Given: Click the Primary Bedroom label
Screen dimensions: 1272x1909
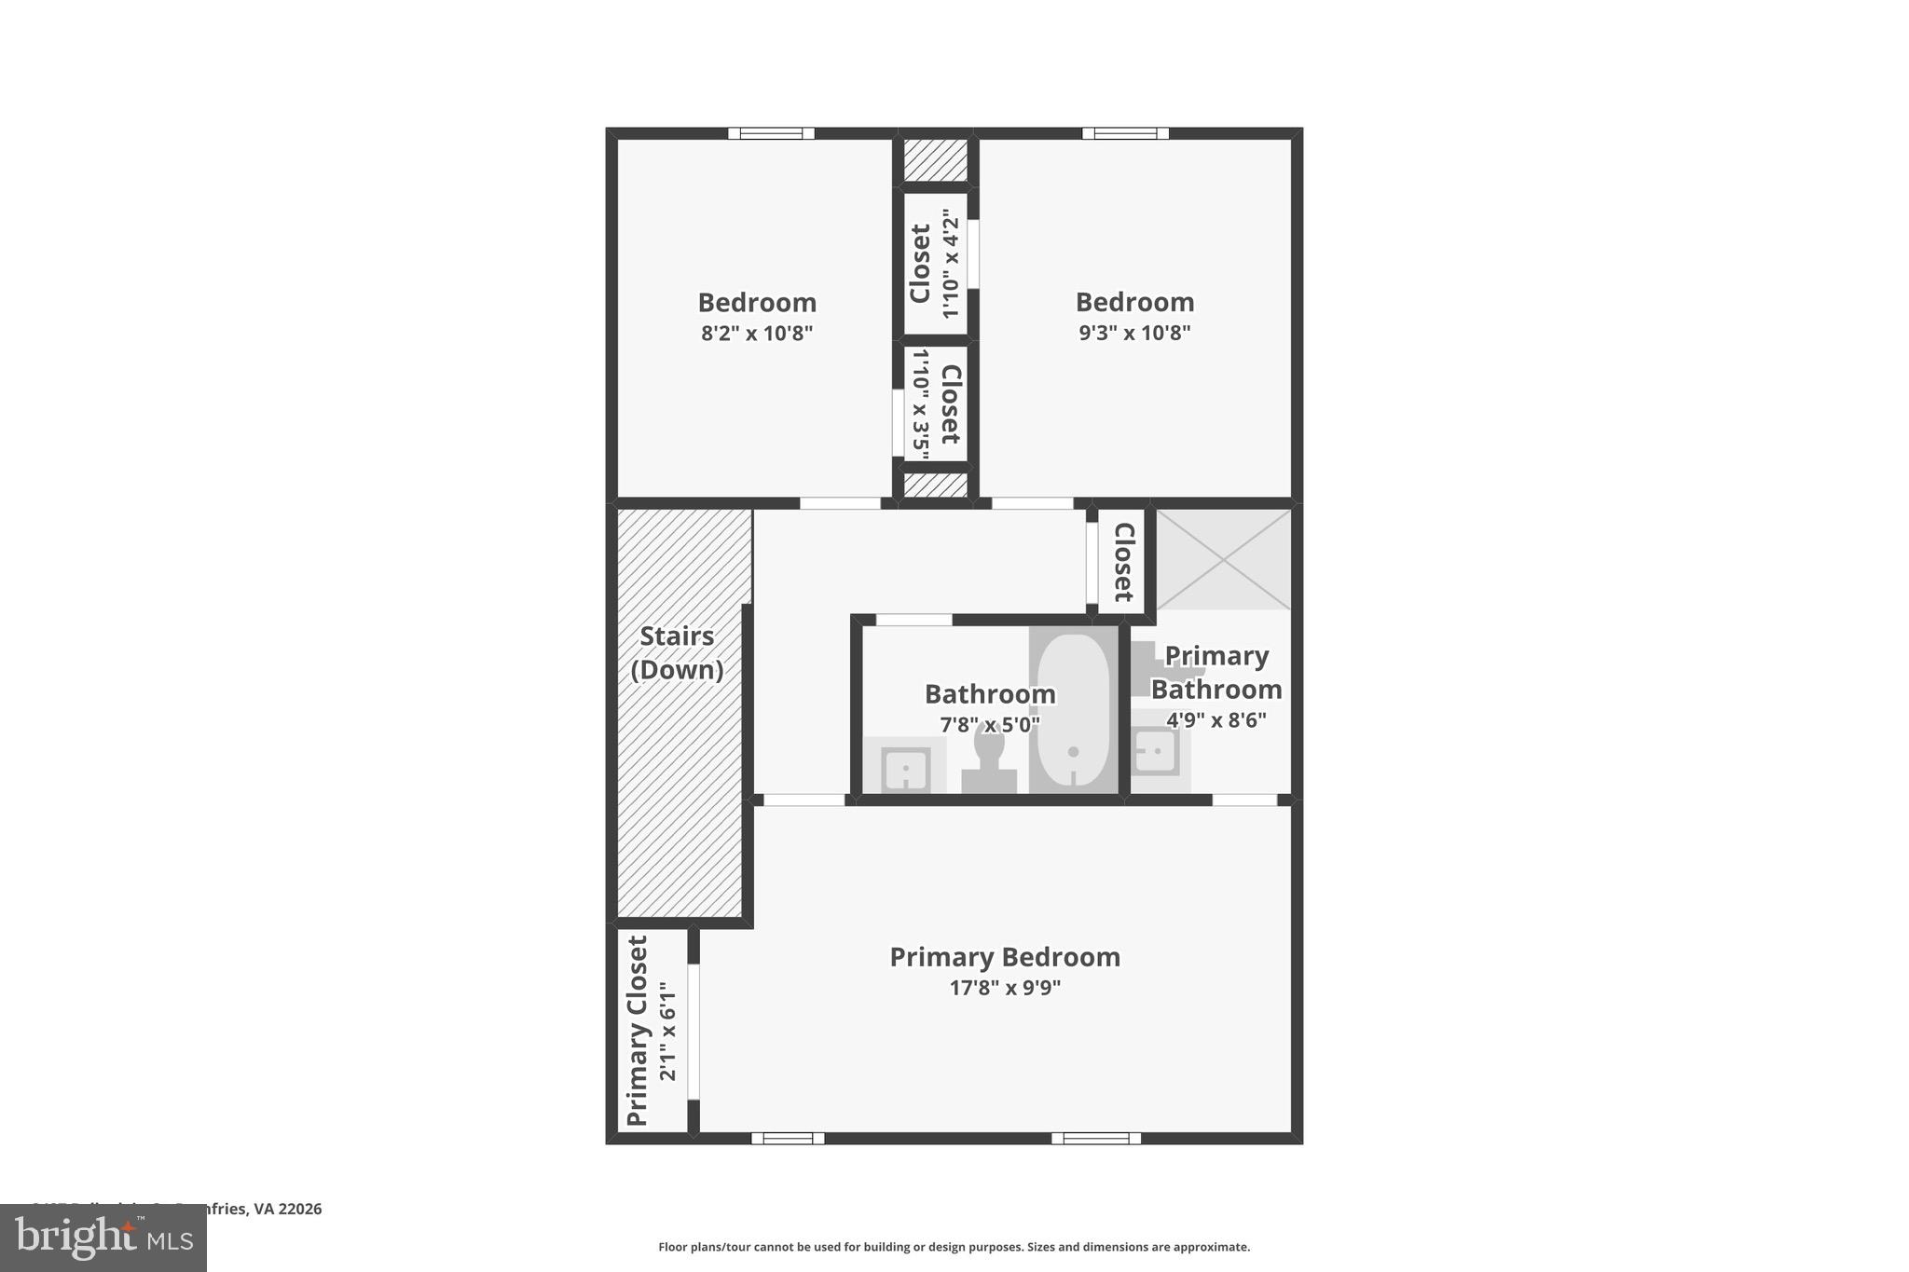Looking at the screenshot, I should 1005,957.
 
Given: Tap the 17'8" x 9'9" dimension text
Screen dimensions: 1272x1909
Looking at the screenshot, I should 1005,988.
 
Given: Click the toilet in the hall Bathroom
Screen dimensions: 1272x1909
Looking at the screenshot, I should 989,759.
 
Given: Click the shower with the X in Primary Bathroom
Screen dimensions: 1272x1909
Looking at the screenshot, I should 1223,559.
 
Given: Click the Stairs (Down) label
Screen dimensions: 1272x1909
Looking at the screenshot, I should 678,652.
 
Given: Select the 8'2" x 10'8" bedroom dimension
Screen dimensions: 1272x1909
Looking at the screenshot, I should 757,334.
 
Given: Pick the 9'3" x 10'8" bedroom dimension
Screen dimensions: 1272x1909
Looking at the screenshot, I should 1134,333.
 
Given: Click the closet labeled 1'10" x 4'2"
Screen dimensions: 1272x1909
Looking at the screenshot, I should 934,263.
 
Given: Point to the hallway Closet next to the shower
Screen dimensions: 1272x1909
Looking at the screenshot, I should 1123,562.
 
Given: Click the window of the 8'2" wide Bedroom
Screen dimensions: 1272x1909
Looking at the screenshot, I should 771,133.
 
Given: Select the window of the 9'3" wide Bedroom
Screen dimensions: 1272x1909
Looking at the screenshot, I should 1125,133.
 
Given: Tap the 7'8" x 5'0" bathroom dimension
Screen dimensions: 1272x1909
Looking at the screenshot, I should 989,724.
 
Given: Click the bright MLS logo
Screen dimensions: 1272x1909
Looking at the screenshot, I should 103,1238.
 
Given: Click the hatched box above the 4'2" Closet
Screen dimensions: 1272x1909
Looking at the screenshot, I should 936,160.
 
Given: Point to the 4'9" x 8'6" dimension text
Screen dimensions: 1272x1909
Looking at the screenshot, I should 1215,720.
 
